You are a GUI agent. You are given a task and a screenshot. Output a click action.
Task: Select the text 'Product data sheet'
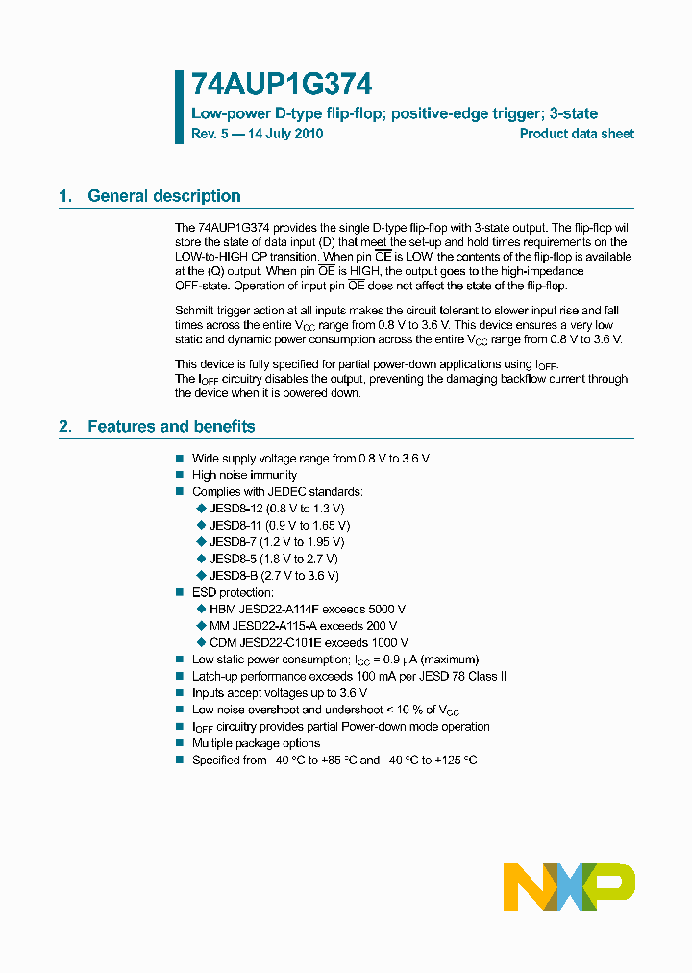coord(577,134)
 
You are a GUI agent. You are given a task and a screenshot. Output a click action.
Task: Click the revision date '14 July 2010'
coord(285,134)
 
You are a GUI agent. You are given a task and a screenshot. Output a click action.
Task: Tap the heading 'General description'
coord(164,196)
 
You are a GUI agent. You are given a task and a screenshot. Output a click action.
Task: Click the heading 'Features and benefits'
coord(171,426)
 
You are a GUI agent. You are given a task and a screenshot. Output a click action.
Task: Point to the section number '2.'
coord(65,426)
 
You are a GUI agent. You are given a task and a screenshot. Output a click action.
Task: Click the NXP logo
coord(569,886)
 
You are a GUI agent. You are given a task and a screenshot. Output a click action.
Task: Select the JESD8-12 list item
coord(276,509)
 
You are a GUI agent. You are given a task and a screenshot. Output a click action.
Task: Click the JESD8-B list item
coord(273,576)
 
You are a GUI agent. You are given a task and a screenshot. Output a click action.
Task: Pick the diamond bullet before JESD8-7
coord(201,542)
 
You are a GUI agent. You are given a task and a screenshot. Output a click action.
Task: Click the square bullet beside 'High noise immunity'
coord(179,475)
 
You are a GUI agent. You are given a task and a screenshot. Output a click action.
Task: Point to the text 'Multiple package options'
coord(256,743)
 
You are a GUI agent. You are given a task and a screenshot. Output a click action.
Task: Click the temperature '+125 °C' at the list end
coord(456,760)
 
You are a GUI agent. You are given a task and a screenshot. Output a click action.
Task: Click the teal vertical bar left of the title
coord(179,107)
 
